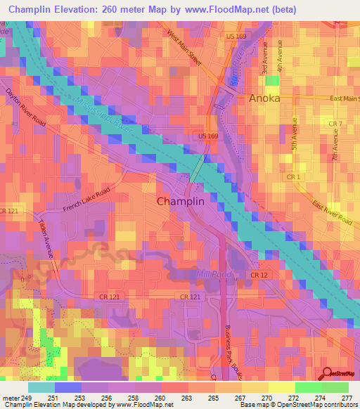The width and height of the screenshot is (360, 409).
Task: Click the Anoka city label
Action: click(264, 99)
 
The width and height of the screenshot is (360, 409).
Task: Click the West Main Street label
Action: click(184, 47)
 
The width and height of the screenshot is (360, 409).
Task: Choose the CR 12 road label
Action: click(259, 275)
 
